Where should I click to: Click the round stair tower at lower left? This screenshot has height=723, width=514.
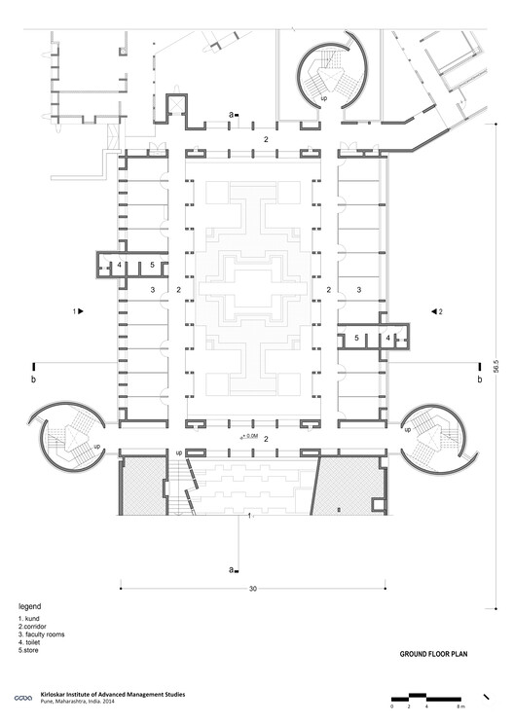tap(68, 440)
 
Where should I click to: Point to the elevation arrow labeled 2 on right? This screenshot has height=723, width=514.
tap(436, 311)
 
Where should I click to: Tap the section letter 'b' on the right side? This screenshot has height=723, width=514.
tap(479, 380)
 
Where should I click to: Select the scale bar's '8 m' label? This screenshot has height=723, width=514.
tap(460, 705)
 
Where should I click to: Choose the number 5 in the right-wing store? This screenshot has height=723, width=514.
tap(357, 338)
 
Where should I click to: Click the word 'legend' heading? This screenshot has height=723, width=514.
tap(30, 605)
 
